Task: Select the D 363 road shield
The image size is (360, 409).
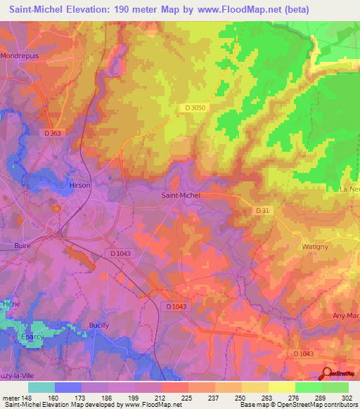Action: tap(53, 133)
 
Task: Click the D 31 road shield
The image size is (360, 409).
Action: tap(262, 210)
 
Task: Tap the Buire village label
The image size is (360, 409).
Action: tap(23, 245)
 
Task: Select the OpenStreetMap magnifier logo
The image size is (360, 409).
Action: tap(327, 374)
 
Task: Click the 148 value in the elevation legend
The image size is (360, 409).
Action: tap(27, 397)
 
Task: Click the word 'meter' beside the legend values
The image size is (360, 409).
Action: tap(10, 397)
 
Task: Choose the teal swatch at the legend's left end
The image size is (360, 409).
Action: tap(41, 387)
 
